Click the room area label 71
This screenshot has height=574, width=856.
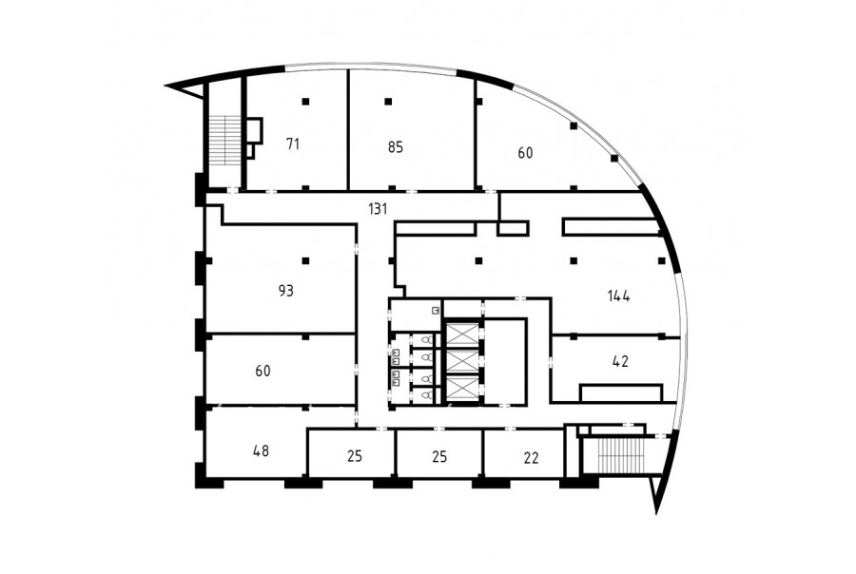coord(293,144)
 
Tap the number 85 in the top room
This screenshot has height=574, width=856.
coord(396,146)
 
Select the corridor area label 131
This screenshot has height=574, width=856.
coord(378,208)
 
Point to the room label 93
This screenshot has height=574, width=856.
coord(285,291)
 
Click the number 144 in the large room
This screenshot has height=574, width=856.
coord(618,296)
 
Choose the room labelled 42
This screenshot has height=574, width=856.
coord(621,361)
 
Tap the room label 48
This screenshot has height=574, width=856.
coord(261,450)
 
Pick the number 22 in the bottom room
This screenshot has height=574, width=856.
coord(531,458)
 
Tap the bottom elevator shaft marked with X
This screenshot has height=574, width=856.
coord(463,389)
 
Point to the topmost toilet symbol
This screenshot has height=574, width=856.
coord(428,340)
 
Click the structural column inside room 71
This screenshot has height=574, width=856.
coord(305,101)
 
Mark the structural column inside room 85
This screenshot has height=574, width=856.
coord(388,101)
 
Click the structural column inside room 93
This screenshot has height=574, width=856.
coord(305,260)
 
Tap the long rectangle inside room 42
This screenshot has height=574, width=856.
coord(621,392)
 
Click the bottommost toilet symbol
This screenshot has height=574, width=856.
coord(428,394)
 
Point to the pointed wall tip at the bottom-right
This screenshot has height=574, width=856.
coord(656,513)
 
